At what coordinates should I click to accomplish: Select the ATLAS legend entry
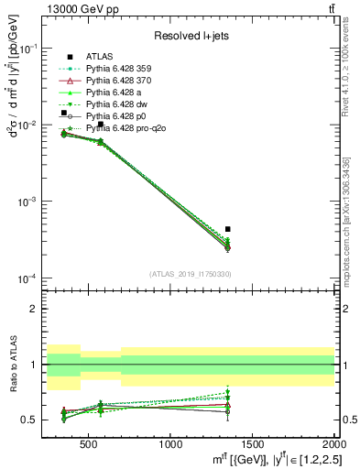tap(100, 55)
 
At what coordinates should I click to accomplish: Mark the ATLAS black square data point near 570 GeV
tap(101, 125)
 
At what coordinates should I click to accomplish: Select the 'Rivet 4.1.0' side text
tap(349, 92)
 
